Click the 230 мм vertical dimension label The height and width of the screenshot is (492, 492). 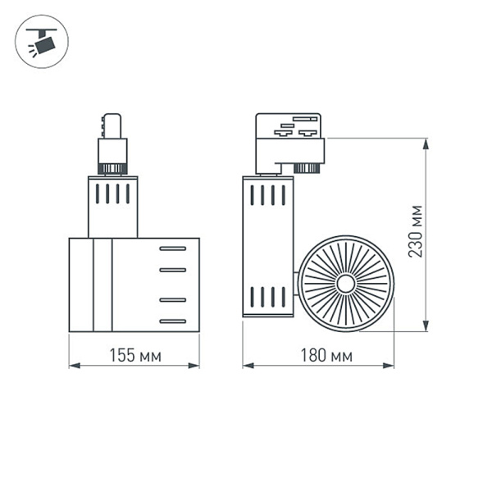point(417,231)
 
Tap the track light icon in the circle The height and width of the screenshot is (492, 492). point(42,41)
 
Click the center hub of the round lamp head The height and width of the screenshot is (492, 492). point(345,284)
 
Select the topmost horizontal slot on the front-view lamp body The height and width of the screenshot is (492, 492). point(173,248)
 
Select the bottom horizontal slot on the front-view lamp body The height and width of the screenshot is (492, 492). point(173,320)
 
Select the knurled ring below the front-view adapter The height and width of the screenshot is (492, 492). point(112,169)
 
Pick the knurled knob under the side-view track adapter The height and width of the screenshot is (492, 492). point(307,169)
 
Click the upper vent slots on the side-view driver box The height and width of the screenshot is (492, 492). point(267,195)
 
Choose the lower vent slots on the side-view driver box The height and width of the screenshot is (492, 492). point(267,296)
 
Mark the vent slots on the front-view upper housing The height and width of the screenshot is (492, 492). point(112,194)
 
